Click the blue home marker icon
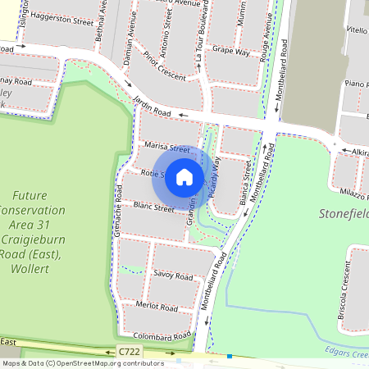(x=184, y=176)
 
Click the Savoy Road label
(x=172, y=276)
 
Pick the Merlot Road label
(x=157, y=307)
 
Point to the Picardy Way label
(x=215, y=174)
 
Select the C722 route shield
(x=130, y=352)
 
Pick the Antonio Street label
(x=167, y=31)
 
